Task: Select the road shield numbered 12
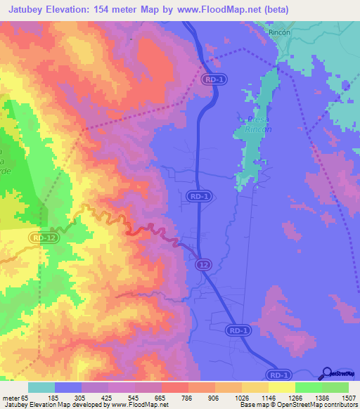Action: (202, 264)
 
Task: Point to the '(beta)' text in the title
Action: (274, 9)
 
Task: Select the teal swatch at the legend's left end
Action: (41, 387)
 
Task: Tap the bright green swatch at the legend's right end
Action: (335, 387)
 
